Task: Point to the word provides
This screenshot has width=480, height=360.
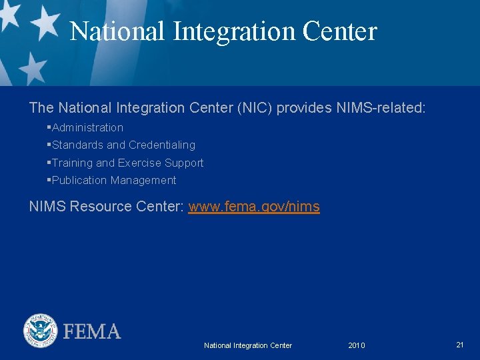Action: point(303,107)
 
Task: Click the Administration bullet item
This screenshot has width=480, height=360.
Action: point(87,127)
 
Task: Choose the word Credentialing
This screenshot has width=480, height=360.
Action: point(162,145)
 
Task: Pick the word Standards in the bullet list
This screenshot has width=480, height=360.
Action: point(78,145)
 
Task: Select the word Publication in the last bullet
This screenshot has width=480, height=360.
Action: point(79,180)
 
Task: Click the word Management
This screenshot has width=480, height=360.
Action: point(143,180)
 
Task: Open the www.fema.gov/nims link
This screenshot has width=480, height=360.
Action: point(254,207)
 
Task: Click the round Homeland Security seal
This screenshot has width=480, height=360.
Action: point(41,331)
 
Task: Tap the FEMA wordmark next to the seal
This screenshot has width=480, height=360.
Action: point(92,331)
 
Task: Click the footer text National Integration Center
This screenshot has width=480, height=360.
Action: point(248,345)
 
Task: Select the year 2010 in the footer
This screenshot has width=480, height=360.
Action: point(357,345)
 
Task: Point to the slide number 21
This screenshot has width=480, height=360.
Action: point(460,345)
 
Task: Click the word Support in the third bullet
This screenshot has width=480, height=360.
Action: point(184,163)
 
